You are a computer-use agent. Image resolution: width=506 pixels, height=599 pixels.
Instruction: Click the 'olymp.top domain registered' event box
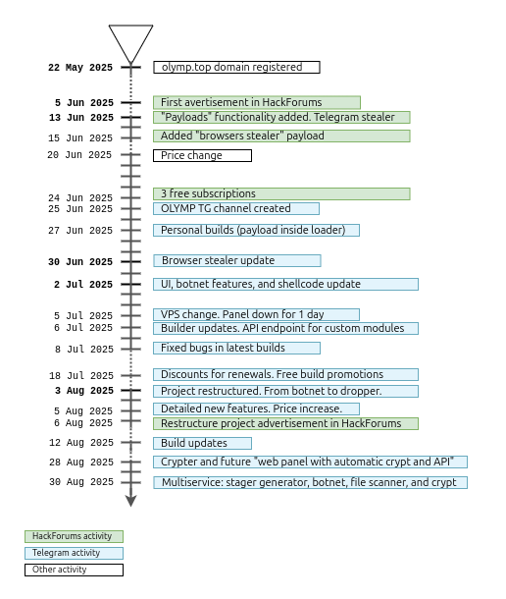(236, 68)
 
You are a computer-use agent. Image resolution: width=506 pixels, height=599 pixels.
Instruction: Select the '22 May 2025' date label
(80, 69)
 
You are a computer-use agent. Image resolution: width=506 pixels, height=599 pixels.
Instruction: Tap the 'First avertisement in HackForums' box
(257, 102)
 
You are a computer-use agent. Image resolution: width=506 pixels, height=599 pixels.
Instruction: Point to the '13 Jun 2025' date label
(80, 118)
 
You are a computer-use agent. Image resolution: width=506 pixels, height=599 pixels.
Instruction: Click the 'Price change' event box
(202, 155)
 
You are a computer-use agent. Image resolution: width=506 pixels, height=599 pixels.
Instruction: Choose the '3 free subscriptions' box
(281, 193)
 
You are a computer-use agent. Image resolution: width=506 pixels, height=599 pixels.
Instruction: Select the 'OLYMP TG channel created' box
(235, 208)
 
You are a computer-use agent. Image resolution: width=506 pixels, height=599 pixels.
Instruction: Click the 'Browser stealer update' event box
(236, 260)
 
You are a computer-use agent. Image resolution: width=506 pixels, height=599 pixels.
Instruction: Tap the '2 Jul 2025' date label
(83, 285)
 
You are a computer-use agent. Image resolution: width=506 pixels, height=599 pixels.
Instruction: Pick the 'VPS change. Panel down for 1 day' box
(256, 314)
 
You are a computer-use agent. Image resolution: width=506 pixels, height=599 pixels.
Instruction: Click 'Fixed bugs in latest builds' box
(236, 348)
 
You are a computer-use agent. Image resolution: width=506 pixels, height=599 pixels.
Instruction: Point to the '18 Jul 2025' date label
(80, 376)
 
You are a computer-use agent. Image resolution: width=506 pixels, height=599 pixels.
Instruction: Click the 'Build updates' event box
(202, 443)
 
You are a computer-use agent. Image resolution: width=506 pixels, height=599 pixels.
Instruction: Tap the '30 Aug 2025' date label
(80, 482)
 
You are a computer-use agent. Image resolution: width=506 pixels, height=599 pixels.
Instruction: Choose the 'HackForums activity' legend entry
(74, 536)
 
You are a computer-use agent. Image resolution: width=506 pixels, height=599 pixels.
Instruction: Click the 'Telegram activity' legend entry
(74, 553)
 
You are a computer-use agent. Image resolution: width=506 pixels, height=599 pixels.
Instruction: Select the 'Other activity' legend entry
(74, 570)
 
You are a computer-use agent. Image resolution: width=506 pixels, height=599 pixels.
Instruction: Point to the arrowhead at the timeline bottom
(130, 501)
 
